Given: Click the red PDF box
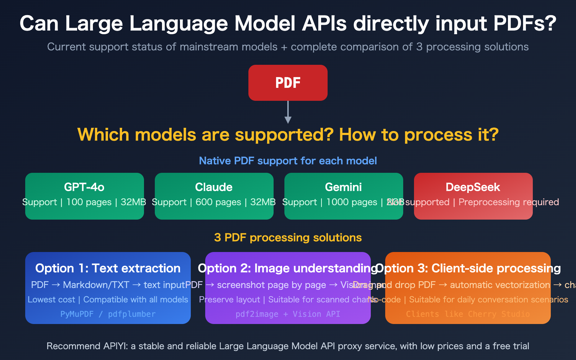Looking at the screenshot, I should tap(288, 83).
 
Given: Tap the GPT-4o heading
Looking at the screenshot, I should tap(84, 187).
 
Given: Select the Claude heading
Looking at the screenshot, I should tap(214, 187).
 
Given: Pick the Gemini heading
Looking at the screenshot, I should tap(343, 187).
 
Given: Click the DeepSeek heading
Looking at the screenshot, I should tap(473, 187).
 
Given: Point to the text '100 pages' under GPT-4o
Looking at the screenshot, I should tap(89, 202).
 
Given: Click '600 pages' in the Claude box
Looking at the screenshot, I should tap(218, 202).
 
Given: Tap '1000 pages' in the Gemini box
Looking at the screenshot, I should tap(351, 202).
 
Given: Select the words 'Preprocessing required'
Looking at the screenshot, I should tap(508, 202).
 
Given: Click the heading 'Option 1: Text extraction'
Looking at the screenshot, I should tap(108, 269).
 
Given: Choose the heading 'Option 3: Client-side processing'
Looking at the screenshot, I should tap(468, 269).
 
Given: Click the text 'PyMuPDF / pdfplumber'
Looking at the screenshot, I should tap(108, 314).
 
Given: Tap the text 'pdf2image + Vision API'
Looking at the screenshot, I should tap(288, 314).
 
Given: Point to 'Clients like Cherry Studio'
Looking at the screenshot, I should tap(468, 314).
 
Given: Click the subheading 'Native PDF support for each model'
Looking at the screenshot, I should tap(288, 161).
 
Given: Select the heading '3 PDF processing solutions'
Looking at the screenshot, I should tap(288, 238).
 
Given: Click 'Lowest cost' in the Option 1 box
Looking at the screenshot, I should tap(51, 300).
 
